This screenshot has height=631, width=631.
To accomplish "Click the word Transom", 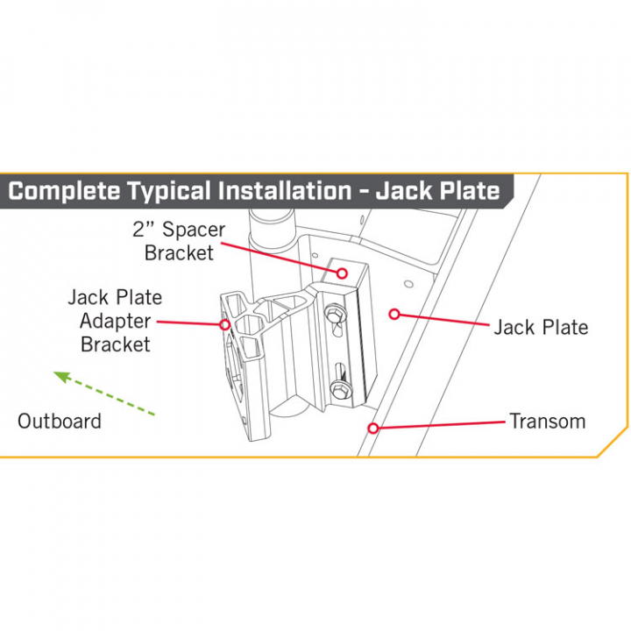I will pyautogui.click(x=547, y=422).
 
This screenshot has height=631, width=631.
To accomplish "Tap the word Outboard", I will pyautogui.click(x=60, y=422).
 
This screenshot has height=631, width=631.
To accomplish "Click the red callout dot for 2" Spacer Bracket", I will pyautogui.click(x=342, y=273).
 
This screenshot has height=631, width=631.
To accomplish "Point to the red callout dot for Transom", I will pyautogui.click(x=373, y=429).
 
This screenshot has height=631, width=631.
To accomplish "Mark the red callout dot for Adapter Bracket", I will pyautogui.click(x=224, y=325).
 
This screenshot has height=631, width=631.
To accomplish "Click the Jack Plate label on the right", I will pyautogui.click(x=541, y=328).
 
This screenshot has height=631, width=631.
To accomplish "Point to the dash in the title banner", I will pyautogui.click(x=363, y=191).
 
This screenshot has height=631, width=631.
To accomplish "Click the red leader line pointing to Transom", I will pyautogui.click(x=438, y=425).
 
